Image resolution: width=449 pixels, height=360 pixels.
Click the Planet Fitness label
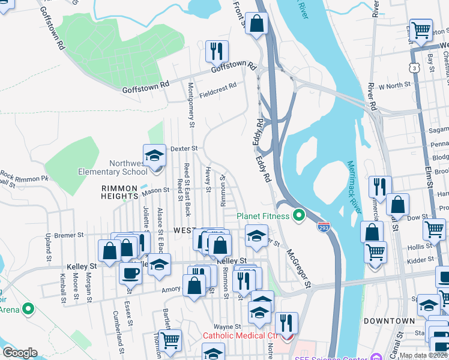pos(263,216)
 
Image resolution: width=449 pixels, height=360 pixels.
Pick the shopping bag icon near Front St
pos(257,25)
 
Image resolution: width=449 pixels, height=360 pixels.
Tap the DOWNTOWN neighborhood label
pos(390,321)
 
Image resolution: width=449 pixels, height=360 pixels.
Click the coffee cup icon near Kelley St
pos(130,274)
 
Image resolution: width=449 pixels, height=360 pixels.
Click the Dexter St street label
pos(184,148)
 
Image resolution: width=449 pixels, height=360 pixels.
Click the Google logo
pos(20,353)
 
